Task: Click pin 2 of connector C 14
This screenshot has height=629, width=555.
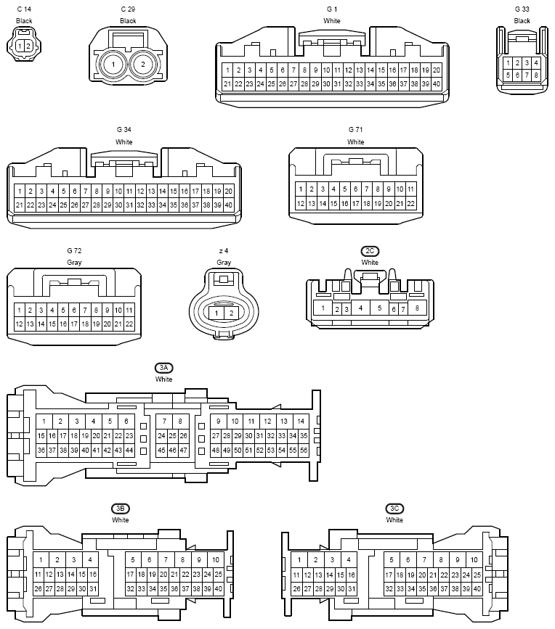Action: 28,46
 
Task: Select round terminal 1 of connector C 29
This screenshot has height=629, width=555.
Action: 113,64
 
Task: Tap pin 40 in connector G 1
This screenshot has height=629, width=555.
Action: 437,84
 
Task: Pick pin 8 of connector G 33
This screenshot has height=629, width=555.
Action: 535,75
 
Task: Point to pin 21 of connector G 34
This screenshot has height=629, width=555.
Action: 20,205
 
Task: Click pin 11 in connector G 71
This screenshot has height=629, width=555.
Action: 411,189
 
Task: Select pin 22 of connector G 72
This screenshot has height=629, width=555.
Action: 129,324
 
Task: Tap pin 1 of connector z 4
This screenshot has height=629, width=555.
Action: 216,313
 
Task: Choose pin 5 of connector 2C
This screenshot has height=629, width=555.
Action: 379,308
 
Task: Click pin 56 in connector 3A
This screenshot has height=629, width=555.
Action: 304,450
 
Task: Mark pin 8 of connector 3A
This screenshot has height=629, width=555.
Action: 180,422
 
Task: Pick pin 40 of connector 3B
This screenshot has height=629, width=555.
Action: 218,589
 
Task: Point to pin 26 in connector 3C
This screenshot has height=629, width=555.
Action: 296,589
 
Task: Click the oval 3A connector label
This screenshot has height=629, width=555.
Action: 164,368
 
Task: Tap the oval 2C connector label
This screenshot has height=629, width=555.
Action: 370,251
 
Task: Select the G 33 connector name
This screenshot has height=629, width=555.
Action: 522,9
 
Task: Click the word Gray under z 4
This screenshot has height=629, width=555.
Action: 224,263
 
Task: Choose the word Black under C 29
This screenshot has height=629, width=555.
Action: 128,21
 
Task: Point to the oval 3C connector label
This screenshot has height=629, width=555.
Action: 394,509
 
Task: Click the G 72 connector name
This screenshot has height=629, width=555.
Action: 74,251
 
